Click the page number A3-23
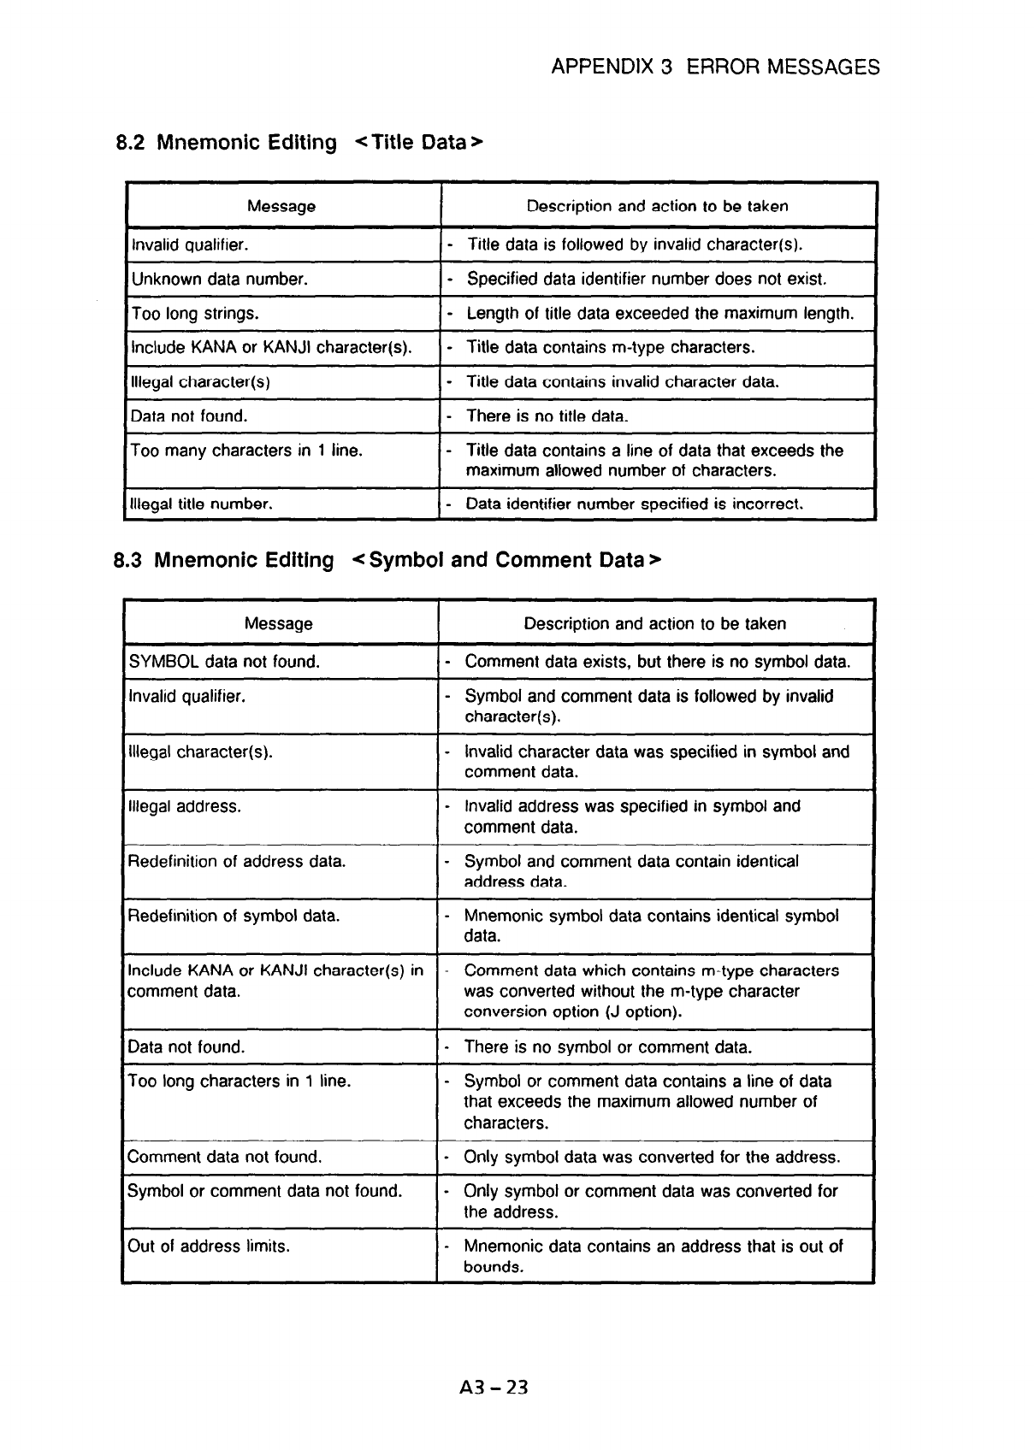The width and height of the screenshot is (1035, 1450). click(494, 1387)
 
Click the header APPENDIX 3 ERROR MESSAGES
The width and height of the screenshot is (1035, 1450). click(715, 68)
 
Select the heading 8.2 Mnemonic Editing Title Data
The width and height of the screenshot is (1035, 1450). click(299, 142)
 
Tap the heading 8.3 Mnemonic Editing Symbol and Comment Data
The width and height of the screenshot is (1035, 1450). click(387, 560)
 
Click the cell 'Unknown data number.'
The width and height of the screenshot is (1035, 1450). click(220, 280)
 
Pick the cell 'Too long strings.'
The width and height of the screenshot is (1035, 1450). click(194, 314)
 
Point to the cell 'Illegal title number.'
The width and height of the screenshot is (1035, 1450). click(201, 504)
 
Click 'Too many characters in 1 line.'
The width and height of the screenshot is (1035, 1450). click(246, 451)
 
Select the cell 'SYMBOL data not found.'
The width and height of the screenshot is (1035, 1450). click(224, 662)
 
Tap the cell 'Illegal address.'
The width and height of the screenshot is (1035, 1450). click(185, 806)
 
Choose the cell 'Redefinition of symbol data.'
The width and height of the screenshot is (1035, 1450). click(234, 917)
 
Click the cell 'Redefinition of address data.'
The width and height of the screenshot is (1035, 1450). click(237, 862)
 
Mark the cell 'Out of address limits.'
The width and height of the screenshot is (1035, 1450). click(209, 1247)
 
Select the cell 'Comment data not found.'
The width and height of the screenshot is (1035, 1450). click(225, 1158)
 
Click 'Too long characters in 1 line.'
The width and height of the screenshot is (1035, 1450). click(240, 1082)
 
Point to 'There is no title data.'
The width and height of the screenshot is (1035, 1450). click(547, 416)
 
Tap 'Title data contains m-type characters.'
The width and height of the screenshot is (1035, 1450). click(610, 348)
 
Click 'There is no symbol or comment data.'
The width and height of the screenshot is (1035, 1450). click(607, 1047)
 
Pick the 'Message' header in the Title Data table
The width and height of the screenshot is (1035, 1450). click(281, 206)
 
